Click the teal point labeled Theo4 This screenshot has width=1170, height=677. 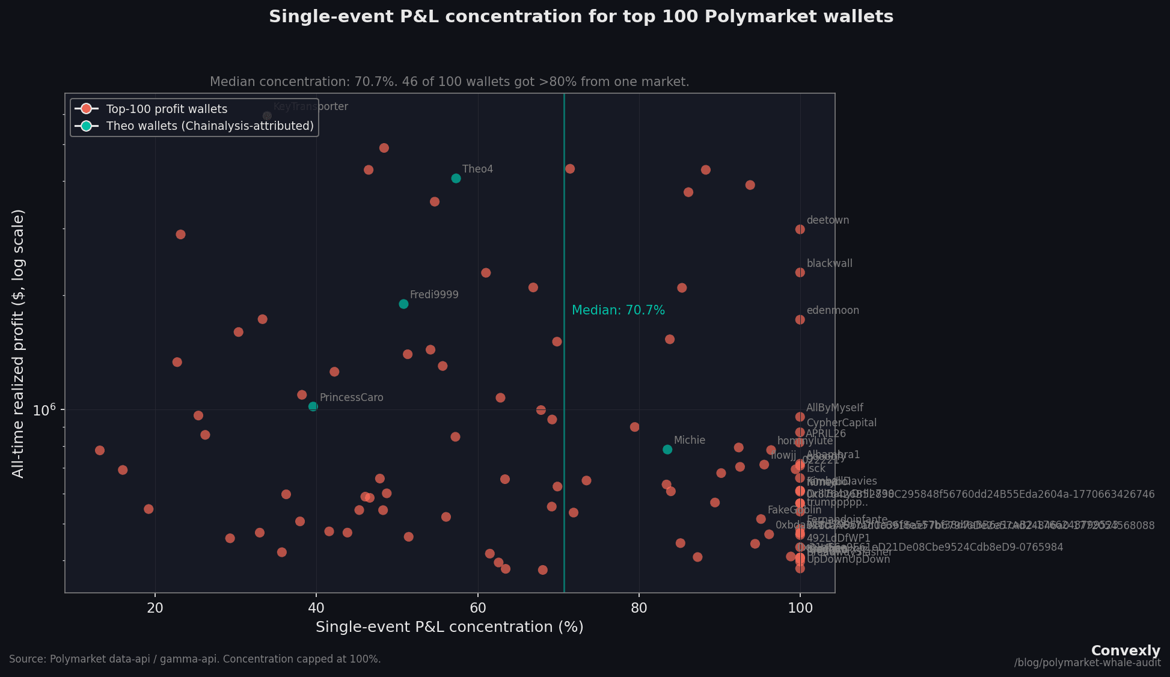pyautogui.click(x=456, y=178)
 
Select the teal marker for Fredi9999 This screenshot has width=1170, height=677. pyautogui.click(x=403, y=304)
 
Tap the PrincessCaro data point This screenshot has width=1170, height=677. pyautogui.click(x=313, y=406)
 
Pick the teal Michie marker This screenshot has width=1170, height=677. pyautogui.click(x=667, y=449)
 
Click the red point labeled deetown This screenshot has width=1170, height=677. pyautogui.click(x=800, y=229)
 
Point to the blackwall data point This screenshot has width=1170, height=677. pyautogui.click(x=800, y=272)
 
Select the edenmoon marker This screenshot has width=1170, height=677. pyautogui.click(x=800, y=319)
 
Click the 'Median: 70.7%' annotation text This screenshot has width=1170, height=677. pyautogui.click(x=618, y=310)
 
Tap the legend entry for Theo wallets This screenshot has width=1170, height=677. pyautogui.click(x=210, y=126)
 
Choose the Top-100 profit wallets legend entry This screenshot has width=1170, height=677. pyautogui.click(x=167, y=109)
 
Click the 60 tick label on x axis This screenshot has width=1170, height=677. pyautogui.click(x=477, y=608)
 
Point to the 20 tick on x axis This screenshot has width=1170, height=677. pyautogui.click(x=155, y=608)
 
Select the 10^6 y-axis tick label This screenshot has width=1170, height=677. pyautogui.click(x=44, y=409)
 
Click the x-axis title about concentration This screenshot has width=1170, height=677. pyautogui.click(x=449, y=627)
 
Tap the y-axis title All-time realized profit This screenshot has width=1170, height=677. pyautogui.click(x=18, y=343)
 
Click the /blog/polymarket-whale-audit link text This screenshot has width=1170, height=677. pyautogui.click(x=1087, y=663)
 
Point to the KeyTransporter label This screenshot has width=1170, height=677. pyautogui.click(x=310, y=107)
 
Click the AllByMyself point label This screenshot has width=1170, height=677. pyautogui.click(x=835, y=408)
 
